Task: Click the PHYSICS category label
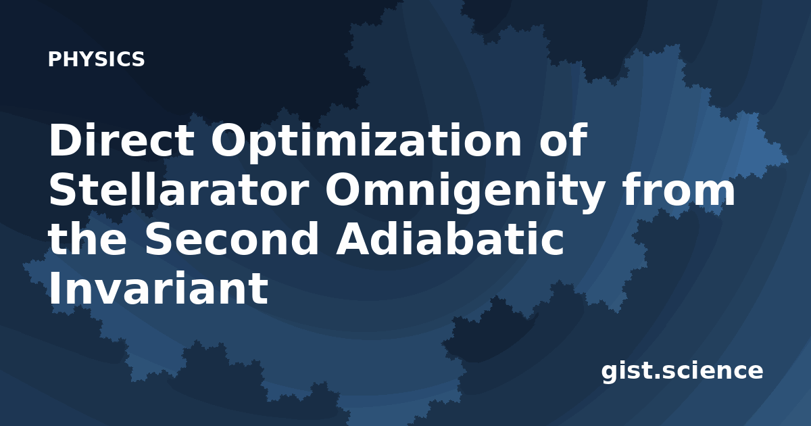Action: coord(96,59)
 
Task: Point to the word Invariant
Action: coord(159,288)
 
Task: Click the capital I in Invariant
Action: coord(54,289)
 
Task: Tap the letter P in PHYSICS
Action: coord(55,59)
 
